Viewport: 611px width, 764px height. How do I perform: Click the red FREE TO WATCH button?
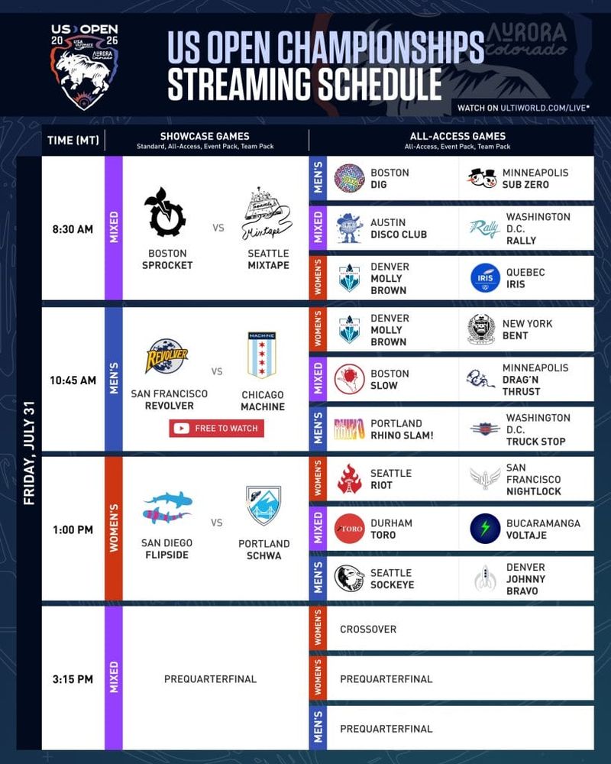tap(217, 429)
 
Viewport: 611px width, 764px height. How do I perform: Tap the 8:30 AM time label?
tap(73, 229)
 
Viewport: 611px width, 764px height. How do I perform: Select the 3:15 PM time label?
tap(73, 678)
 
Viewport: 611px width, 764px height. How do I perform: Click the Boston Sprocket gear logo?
tap(165, 212)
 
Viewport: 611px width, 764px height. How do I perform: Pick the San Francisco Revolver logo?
tap(166, 356)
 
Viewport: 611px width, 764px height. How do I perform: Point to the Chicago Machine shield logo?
tap(262, 355)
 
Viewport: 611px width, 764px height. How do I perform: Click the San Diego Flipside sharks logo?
tap(167, 507)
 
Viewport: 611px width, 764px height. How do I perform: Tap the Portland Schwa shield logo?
tap(263, 505)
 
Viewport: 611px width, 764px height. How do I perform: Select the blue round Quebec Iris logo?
tap(485, 278)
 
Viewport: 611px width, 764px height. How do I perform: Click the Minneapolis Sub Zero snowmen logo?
tap(483, 178)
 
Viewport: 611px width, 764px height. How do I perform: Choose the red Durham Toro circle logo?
tap(349, 529)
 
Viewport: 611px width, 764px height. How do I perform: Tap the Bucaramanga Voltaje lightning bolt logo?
tap(485, 529)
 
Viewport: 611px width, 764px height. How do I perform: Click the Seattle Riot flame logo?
tap(349, 478)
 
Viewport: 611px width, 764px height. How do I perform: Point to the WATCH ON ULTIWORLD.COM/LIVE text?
tap(523, 108)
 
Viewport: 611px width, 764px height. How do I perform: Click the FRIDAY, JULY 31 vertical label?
tap(29, 452)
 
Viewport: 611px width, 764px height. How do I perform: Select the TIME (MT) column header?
tap(73, 141)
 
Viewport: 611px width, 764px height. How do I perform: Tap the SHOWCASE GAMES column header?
tap(205, 137)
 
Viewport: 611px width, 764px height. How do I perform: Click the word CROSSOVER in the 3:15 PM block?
tap(368, 629)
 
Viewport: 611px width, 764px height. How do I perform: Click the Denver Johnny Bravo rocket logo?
tap(485, 578)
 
